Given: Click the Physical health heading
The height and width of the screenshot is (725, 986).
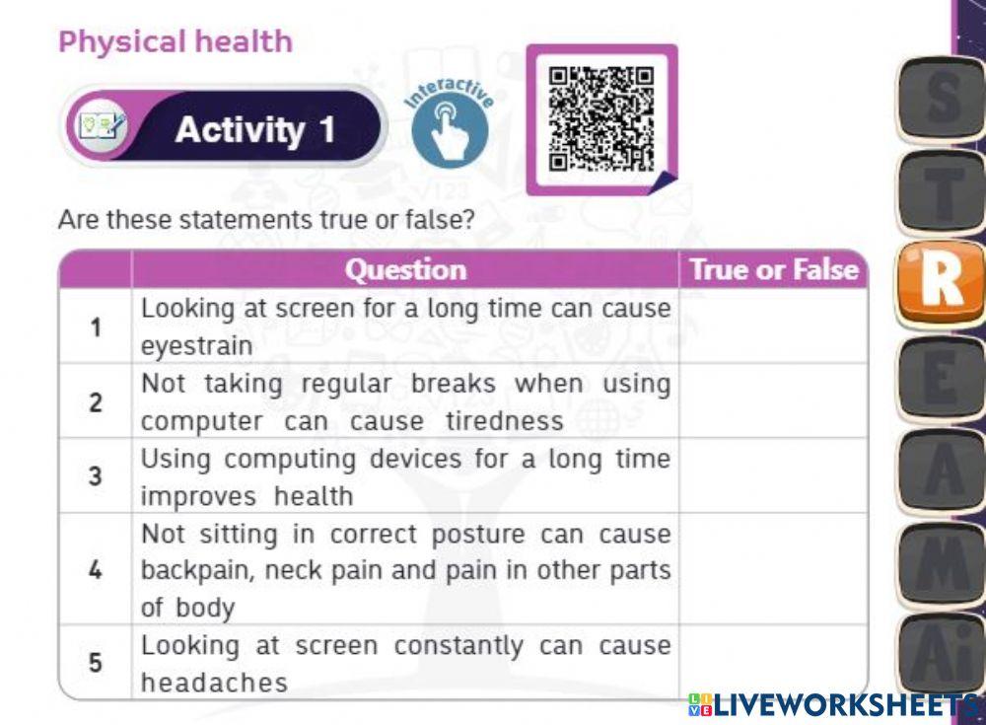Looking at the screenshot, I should point(176,42).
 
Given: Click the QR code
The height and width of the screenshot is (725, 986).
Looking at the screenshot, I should point(600,118).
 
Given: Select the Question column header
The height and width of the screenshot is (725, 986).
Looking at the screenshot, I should point(405,269).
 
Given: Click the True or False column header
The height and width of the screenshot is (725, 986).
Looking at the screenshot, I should point(774,269).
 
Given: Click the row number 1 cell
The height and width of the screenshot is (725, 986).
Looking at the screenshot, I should point(96,326).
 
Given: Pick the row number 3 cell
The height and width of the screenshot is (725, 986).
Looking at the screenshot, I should point(96,476).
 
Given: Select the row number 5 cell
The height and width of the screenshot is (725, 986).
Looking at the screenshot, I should point(96,662).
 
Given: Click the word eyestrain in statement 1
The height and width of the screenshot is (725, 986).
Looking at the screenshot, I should point(196,346).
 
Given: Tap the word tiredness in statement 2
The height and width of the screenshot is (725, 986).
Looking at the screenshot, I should point(504,421).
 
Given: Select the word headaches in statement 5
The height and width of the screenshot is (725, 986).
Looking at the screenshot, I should point(214,682).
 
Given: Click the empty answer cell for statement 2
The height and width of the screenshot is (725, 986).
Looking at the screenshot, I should point(773,401).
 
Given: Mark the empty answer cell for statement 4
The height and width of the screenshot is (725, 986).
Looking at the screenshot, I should point(773,569).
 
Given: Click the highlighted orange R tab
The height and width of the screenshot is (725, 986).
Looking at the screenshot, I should point(941,283).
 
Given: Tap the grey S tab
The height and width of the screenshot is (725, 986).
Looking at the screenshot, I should point(941,99).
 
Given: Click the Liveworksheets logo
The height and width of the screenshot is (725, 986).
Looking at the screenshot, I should point(833,703).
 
